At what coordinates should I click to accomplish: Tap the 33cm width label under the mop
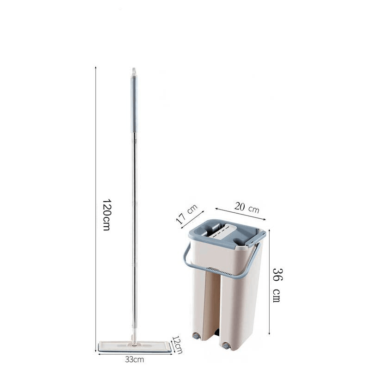point(135,359)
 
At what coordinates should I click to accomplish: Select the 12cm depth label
point(177,342)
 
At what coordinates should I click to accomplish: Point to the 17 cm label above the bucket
point(186,214)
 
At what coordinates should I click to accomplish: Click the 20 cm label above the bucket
point(247,207)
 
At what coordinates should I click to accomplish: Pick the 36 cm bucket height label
point(277,284)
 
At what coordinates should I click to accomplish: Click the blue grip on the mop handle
point(134,104)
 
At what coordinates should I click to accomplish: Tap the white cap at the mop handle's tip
point(134,72)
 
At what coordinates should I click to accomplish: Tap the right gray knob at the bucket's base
point(226,345)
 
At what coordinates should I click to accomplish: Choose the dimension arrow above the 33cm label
point(134,354)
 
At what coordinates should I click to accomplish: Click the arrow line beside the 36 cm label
point(269,282)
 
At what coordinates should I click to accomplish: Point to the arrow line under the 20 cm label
point(240,214)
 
